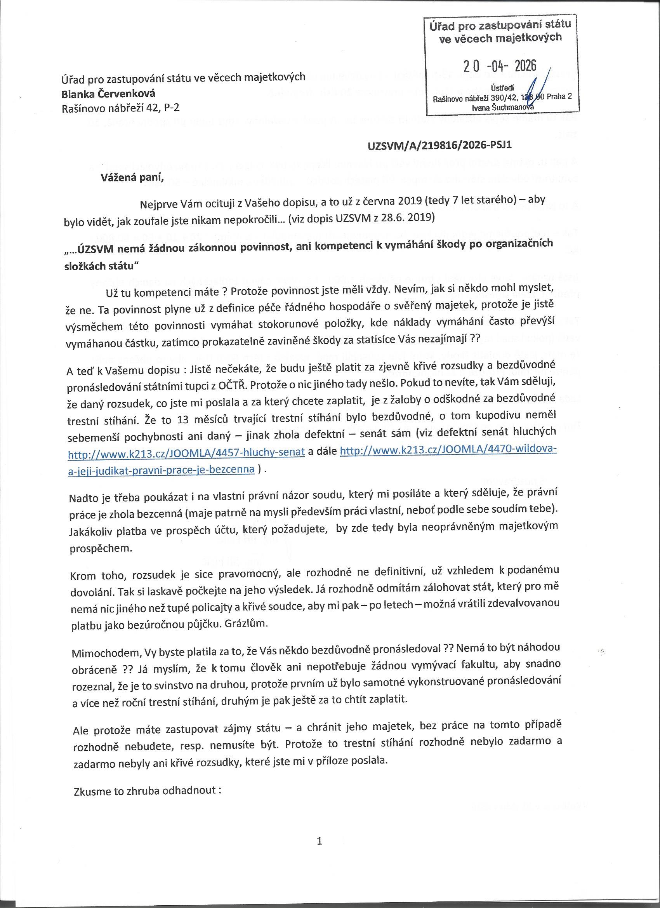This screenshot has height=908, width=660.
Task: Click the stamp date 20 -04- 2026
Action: tap(500, 66)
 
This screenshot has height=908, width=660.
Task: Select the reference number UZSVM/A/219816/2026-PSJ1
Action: tap(439, 145)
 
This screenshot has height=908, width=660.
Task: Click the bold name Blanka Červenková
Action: tap(108, 94)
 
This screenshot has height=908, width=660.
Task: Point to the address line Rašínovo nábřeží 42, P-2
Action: tap(120, 108)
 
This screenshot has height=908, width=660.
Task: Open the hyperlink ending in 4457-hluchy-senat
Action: tap(186, 453)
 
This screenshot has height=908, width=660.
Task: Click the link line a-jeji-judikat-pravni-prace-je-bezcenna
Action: tap(161, 470)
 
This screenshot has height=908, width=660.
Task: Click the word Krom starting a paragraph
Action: tap(83, 576)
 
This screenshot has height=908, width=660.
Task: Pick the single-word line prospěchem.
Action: tap(101, 548)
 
